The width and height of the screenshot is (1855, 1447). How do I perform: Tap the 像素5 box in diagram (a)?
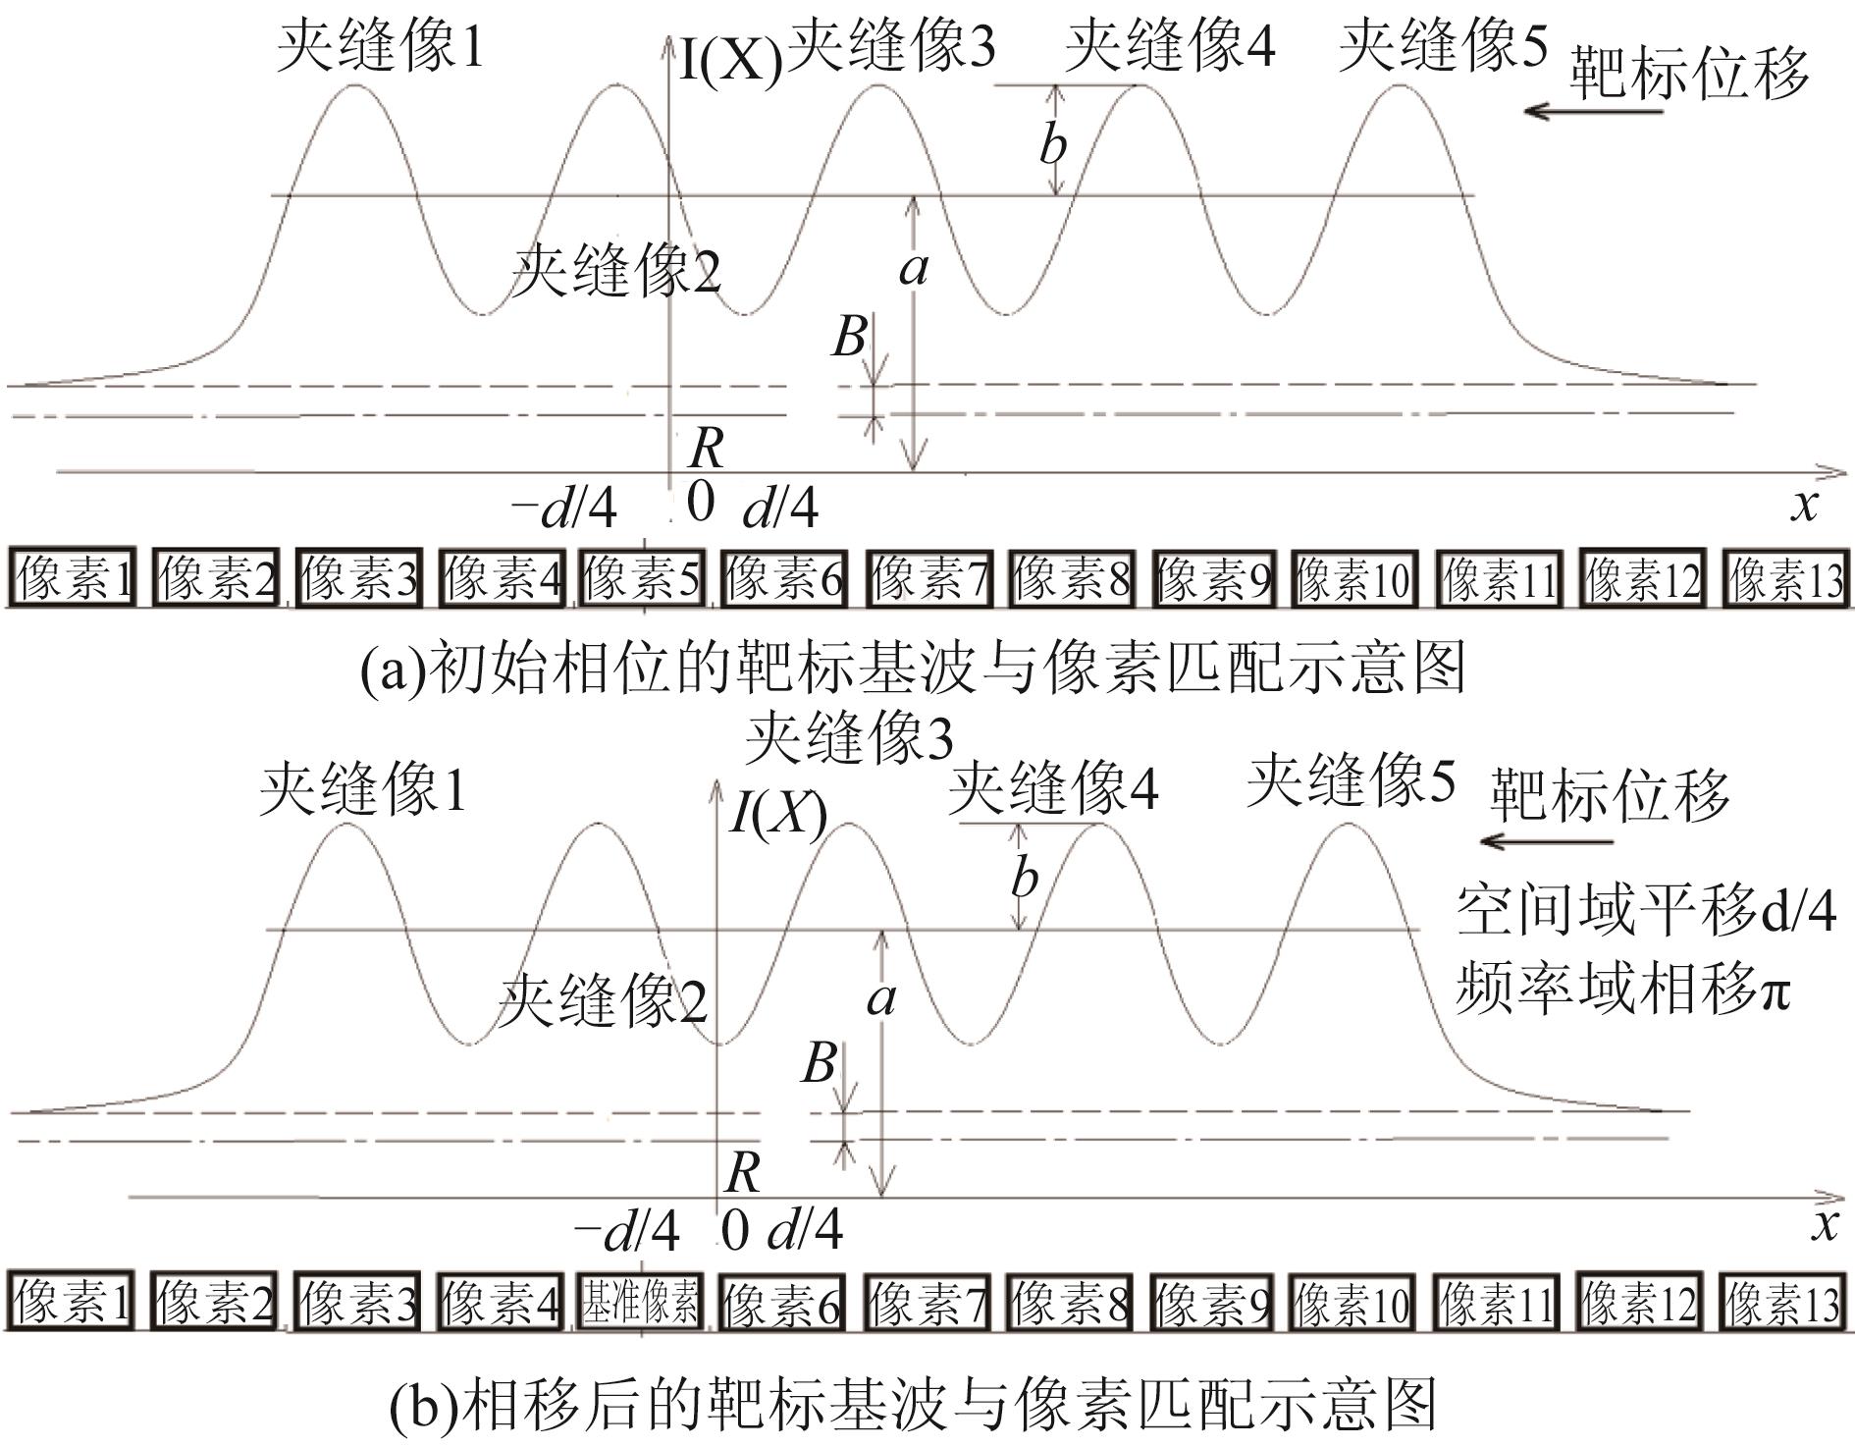coord(641,578)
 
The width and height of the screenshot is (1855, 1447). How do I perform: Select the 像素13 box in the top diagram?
coord(1785,578)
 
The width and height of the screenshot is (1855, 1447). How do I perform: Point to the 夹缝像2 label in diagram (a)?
coord(616,270)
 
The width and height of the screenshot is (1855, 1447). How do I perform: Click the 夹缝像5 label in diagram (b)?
coord(1351,780)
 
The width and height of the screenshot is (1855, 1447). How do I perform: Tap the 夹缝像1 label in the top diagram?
coord(381,46)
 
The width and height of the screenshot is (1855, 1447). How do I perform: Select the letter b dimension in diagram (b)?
coord(1024,878)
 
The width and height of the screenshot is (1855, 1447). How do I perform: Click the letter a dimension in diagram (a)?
coord(913,267)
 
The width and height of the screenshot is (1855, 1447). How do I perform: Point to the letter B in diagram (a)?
coord(850,337)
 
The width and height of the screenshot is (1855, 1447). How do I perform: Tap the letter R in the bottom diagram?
coord(742,1171)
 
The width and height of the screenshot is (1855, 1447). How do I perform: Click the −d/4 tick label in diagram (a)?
coord(564,509)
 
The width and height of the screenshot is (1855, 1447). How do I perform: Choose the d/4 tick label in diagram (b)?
coord(805,1228)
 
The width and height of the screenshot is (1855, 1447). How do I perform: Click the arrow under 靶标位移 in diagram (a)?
coord(1592,111)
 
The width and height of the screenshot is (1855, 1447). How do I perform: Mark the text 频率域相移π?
coord(1621,987)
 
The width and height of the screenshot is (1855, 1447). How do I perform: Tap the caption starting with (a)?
coord(913,669)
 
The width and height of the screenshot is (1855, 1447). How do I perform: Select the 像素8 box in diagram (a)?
coord(1069,578)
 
